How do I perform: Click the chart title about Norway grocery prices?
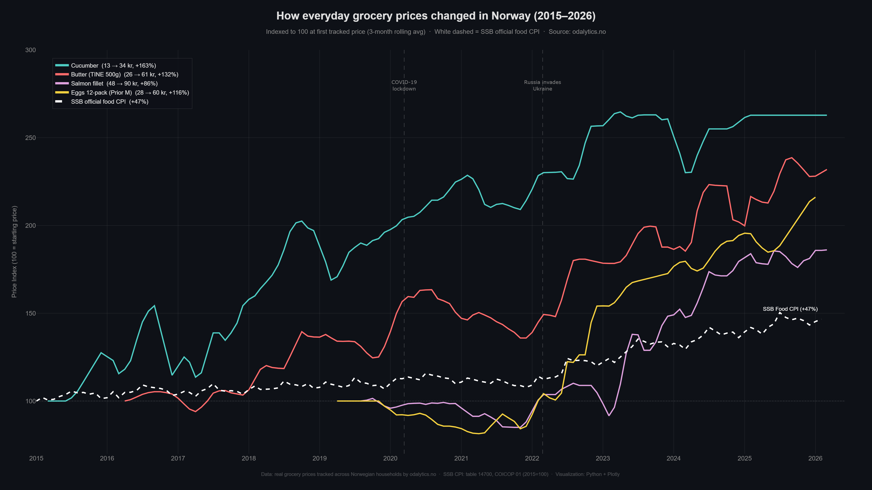436,16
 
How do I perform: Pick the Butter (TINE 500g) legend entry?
124,74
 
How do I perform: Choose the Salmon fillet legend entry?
114,83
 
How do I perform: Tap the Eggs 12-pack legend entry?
130,93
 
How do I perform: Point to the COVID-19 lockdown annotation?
404,86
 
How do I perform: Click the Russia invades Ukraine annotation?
542,86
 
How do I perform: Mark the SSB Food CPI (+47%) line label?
790,309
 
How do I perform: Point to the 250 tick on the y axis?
30,138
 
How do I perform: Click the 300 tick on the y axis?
30,50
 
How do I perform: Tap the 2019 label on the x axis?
319,458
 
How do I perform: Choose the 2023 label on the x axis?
602,458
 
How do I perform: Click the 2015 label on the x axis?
36,458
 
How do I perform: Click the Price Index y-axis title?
14,252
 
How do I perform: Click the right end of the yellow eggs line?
815,198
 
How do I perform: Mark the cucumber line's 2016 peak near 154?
154,306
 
